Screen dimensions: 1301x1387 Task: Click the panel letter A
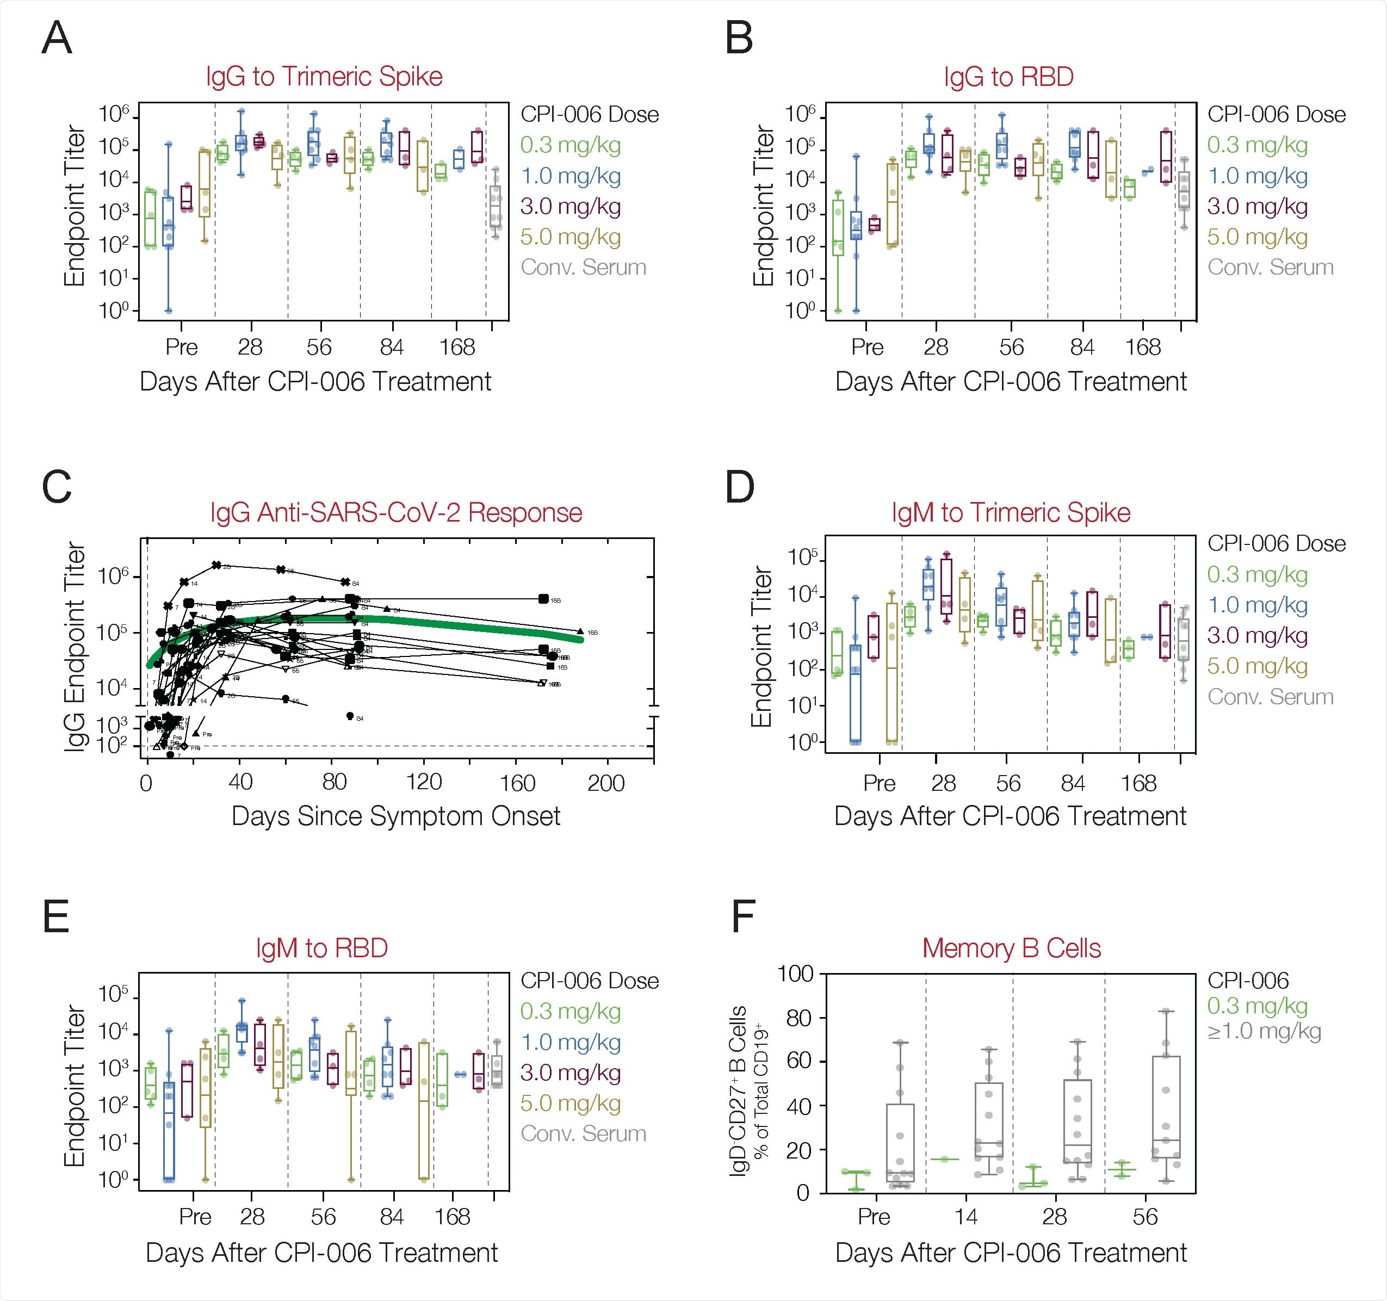[x=57, y=39]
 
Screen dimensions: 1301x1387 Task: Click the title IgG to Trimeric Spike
[x=324, y=77]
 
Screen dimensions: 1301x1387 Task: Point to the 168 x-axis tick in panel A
[x=457, y=346]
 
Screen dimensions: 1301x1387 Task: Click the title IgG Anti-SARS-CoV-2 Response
[x=395, y=513]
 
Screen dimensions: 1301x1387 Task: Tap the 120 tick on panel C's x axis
[x=424, y=783]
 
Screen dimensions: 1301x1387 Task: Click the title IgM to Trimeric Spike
[x=1010, y=513]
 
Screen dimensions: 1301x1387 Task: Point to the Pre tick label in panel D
[x=878, y=783]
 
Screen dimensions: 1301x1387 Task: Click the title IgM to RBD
[x=321, y=949]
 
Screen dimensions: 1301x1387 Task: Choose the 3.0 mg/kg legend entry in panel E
[x=571, y=1073]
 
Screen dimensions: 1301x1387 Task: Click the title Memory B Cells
[x=1011, y=949]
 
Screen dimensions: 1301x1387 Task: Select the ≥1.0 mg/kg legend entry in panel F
[x=1264, y=1031]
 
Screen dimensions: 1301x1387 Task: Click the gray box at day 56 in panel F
[x=1166, y=1107]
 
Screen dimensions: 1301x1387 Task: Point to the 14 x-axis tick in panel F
[x=965, y=1217]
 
